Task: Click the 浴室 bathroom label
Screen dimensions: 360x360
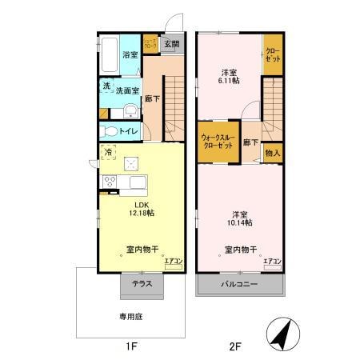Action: pos(130,55)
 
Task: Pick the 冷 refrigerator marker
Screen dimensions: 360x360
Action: pos(107,150)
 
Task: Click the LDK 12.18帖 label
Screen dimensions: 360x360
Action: pos(131,209)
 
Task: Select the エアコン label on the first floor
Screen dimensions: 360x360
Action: pos(174,260)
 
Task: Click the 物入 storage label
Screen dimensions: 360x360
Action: pos(273,151)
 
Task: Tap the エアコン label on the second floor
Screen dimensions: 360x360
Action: pos(272,261)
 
